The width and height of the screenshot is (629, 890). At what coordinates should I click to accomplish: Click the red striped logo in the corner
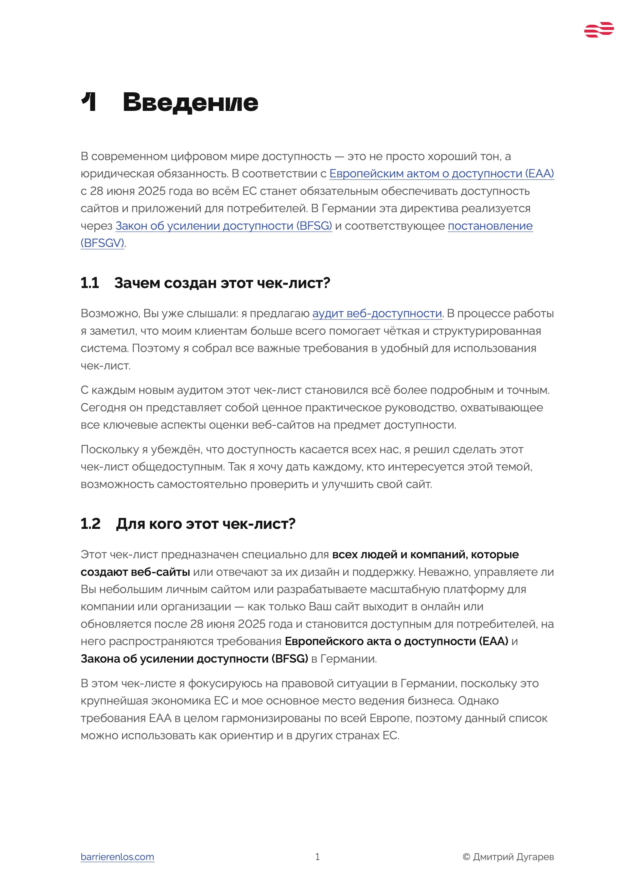click(599, 30)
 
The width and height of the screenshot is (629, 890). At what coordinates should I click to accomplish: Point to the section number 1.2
click(91, 524)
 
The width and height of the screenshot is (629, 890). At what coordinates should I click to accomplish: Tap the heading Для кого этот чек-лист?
click(206, 524)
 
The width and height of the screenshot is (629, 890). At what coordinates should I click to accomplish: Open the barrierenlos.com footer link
click(117, 857)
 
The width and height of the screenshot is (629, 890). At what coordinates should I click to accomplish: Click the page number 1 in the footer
click(318, 857)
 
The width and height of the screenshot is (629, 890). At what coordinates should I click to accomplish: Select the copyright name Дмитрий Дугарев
click(514, 857)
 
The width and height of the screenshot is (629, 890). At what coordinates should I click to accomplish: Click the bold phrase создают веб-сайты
click(135, 572)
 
